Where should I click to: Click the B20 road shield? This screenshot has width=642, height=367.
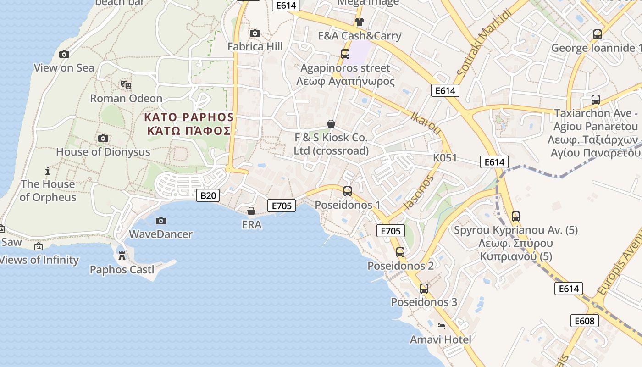pyautogui.click(x=208, y=195)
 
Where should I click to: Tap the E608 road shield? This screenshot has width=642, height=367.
pyautogui.click(x=585, y=321)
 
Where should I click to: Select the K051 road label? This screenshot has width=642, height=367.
pyautogui.click(x=445, y=158)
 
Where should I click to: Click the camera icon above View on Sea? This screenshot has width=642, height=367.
pyautogui.click(x=64, y=54)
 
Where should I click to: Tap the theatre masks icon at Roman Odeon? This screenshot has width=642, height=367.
pyautogui.click(x=126, y=84)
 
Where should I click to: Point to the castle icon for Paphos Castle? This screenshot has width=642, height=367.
pyautogui.click(x=122, y=256)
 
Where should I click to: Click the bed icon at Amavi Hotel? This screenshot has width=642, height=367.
pyautogui.click(x=441, y=326)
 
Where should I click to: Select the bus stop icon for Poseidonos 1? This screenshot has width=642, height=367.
pyautogui.click(x=348, y=191)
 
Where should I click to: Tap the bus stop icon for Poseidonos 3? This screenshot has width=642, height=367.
pyautogui.click(x=424, y=288)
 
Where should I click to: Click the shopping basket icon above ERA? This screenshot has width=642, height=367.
pyautogui.click(x=251, y=211)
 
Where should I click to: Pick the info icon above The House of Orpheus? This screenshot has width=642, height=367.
pyautogui.click(x=48, y=171)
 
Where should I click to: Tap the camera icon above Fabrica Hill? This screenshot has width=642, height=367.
pyautogui.click(x=255, y=33)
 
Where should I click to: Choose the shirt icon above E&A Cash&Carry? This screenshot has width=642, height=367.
pyautogui.click(x=359, y=22)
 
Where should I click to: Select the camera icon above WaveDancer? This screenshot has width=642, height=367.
pyautogui.click(x=160, y=221)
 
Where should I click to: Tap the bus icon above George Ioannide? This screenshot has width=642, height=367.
pyautogui.click(x=597, y=34)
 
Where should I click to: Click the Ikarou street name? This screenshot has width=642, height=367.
pyautogui.click(x=426, y=123)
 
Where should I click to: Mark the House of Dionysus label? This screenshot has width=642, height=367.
pyautogui.click(x=103, y=152)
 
